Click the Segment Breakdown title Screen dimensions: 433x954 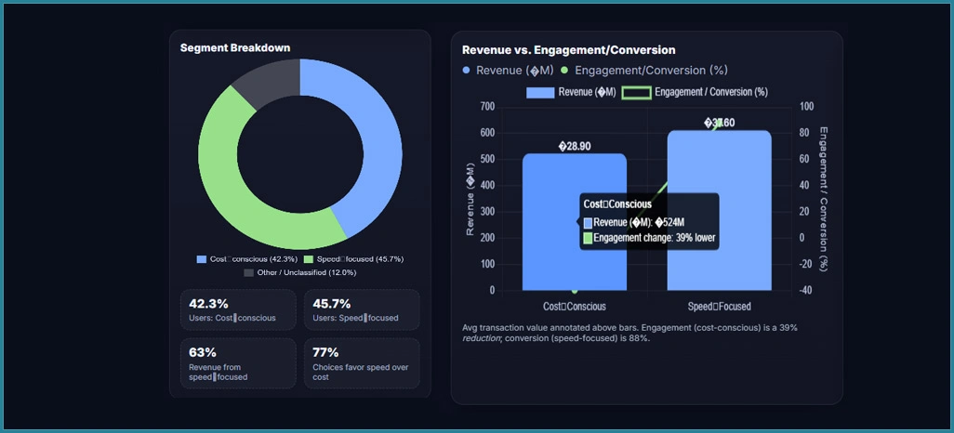tap(235, 47)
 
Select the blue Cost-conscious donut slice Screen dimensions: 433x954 tap(372, 149)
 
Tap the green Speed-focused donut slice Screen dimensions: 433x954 tap(232, 186)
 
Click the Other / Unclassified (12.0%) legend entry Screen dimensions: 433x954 tap(299, 272)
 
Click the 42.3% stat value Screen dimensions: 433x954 tap(208, 304)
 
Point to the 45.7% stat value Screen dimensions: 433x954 tap(332, 304)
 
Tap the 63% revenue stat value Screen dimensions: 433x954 tap(203, 352)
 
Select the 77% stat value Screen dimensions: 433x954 tap(325, 352)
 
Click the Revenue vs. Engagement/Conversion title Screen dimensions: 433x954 tap(568, 50)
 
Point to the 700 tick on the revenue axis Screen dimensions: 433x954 tap(487, 106)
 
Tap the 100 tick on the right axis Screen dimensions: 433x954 tap(805, 106)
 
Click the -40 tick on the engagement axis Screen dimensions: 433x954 tap(805, 290)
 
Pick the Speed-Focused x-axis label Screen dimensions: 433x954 tap(719, 306)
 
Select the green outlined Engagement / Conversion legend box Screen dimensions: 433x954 tap(635, 92)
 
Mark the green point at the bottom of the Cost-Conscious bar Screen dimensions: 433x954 tap(575, 291)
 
